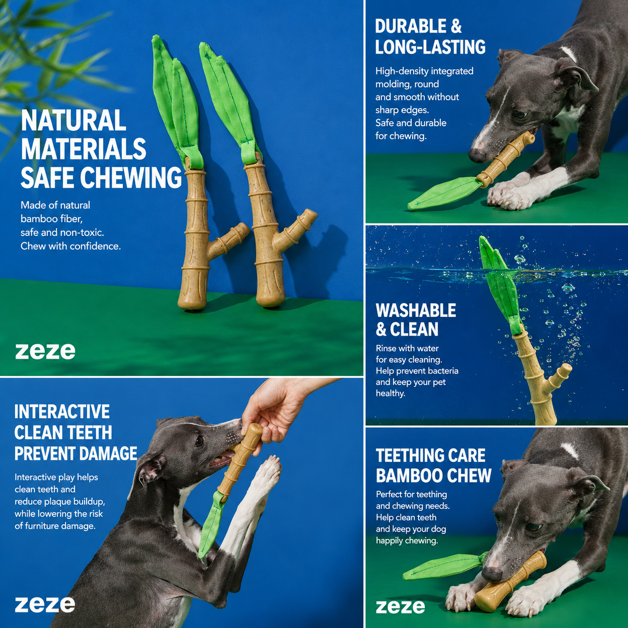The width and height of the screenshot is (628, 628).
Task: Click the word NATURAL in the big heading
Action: point(74,120)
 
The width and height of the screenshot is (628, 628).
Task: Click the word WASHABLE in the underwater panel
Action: point(416,310)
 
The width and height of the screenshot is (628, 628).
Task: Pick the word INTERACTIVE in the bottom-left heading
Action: point(62,412)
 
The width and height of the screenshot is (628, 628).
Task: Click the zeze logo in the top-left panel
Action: point(45,352)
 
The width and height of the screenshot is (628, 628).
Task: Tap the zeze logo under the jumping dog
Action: point(45,604)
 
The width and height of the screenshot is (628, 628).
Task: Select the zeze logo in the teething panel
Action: point(401,606)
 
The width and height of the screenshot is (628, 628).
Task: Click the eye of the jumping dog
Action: point(198,442)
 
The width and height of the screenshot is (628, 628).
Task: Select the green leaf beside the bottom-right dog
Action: point(444,567)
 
